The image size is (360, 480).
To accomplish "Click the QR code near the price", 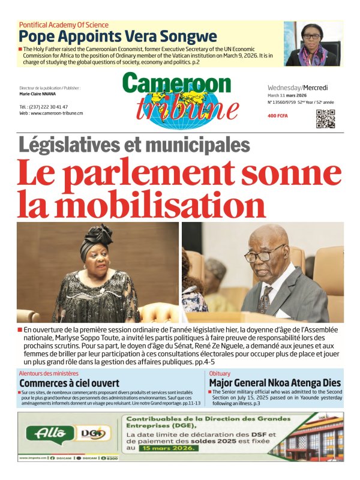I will point(325,119).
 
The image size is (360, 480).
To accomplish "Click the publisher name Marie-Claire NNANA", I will point(39,94).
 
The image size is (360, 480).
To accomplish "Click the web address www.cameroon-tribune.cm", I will point(51,113).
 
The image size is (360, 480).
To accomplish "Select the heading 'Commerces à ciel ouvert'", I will point(69,383).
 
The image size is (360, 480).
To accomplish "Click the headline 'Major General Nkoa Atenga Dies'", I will point(274,383).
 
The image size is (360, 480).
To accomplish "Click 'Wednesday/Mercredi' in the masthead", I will point(298,87).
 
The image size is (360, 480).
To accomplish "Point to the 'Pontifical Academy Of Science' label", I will point(64,25).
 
